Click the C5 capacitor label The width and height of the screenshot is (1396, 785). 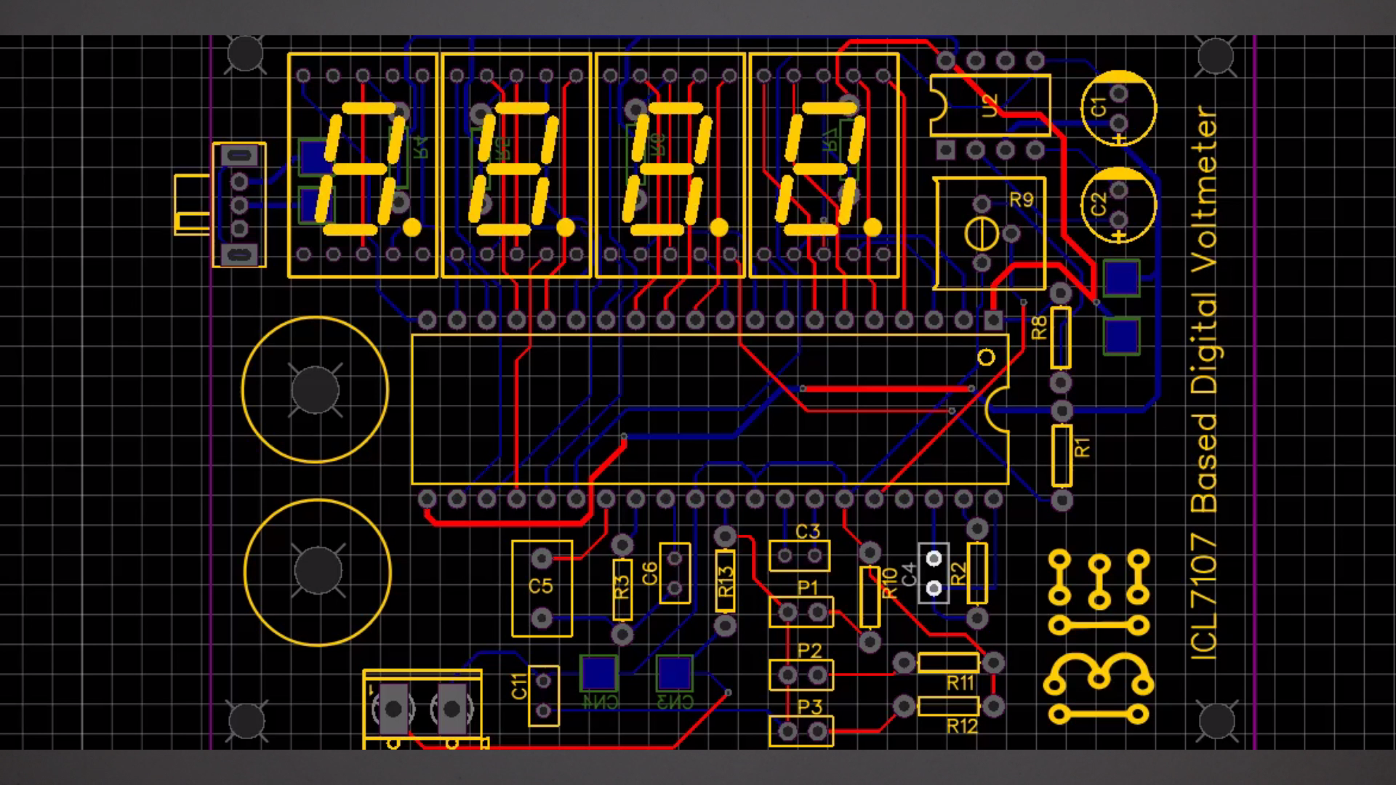click(541, 586)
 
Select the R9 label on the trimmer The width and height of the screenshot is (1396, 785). click(1022, 199)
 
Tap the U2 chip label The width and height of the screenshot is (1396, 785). click(990, 105)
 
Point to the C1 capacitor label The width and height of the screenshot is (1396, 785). click(1099, 106)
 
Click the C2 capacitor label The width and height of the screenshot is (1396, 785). click(1099, 204)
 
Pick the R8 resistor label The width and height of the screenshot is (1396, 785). click(1040, 328)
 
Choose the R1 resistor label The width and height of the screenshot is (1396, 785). click(1083, 447)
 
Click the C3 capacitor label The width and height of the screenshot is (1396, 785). click(807, 531)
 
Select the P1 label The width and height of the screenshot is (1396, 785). click(808, 587)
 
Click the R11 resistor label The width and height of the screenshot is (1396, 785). click(960, 683)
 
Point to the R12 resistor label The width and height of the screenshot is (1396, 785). click(962, 725)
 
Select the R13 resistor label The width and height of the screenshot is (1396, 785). click(726, 581)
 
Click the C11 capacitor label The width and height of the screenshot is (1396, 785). click(519, 686)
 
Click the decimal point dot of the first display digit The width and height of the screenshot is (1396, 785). click(412, 228)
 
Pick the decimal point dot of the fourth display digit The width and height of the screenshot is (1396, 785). click(872, 228)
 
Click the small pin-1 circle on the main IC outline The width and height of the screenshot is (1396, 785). click(986, 357)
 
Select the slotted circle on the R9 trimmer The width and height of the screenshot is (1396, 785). click(979, 234)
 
